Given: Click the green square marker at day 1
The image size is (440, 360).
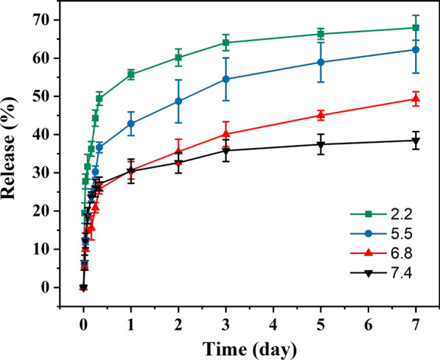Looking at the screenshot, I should pyautogui.click(x=131, y=74).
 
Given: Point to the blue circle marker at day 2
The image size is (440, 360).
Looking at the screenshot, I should pyautogui.click(x=178, y=102).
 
